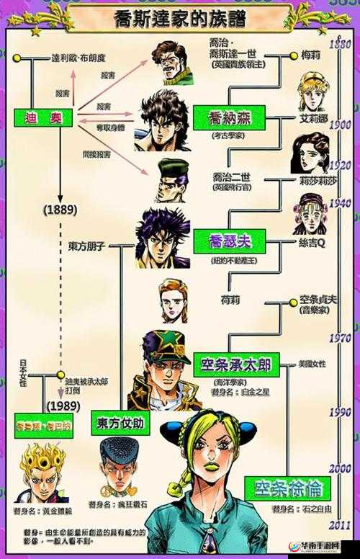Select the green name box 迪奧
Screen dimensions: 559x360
coord(42,117)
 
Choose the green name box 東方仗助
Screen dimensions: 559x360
coord(120,422)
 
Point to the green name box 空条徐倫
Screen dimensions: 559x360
coord(282,488)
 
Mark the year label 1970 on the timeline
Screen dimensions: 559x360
coord(339,339)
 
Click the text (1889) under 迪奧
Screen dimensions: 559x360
coord(60,210)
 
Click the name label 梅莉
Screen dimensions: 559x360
coord(310,54)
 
